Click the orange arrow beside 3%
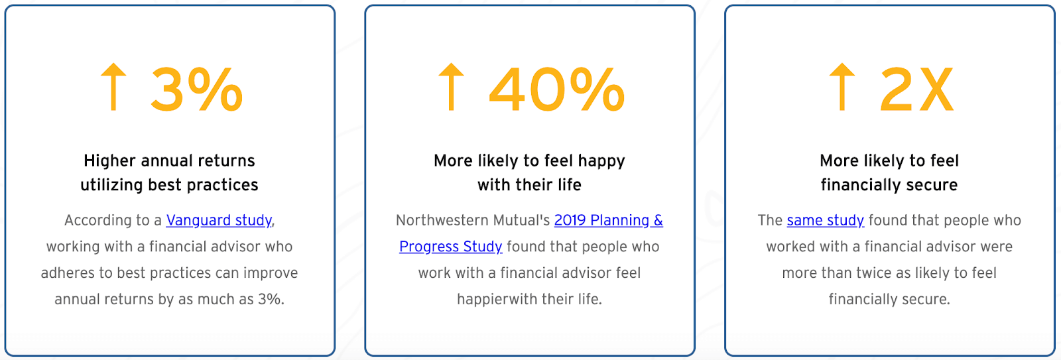(x=113, y=87)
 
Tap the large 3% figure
(x=197, y=89)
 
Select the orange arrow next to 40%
(x=451, y=87)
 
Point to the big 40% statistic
(x=557, y=89)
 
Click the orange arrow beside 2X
(x=842, y=87)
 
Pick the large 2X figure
(x=916, y=89)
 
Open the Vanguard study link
(x=219, y=220)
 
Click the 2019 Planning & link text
(x=609, y=220)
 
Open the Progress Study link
(x=450, y=247)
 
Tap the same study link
(x=826, y=220)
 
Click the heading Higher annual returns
(x=170, y=161)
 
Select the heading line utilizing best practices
(x=170, y=185)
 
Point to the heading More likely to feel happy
(x=530, y=161)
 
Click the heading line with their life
(x=530, y=185)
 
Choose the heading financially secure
(x=889, y=185)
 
